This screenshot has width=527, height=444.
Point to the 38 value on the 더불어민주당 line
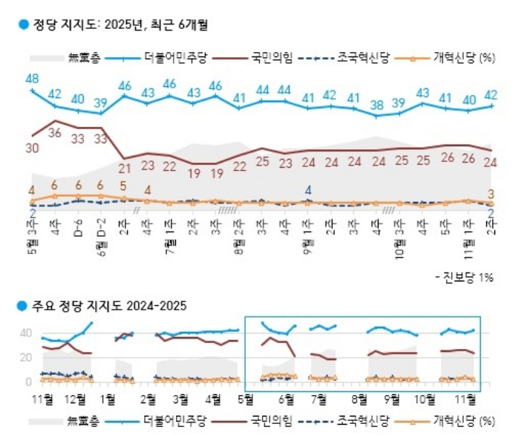click(x=377, y=105)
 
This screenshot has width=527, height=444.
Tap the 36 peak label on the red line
click(x=54, y=133)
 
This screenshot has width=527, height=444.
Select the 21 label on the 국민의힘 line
click(x=125, y=168)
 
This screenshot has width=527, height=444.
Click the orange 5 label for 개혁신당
click(x=123, y=186)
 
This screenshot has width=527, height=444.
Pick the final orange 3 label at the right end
click(x=491, y=195)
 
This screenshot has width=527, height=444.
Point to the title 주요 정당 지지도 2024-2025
click(x=108, y=305)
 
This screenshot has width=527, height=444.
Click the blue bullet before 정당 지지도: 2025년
click(x=23, y=24)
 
